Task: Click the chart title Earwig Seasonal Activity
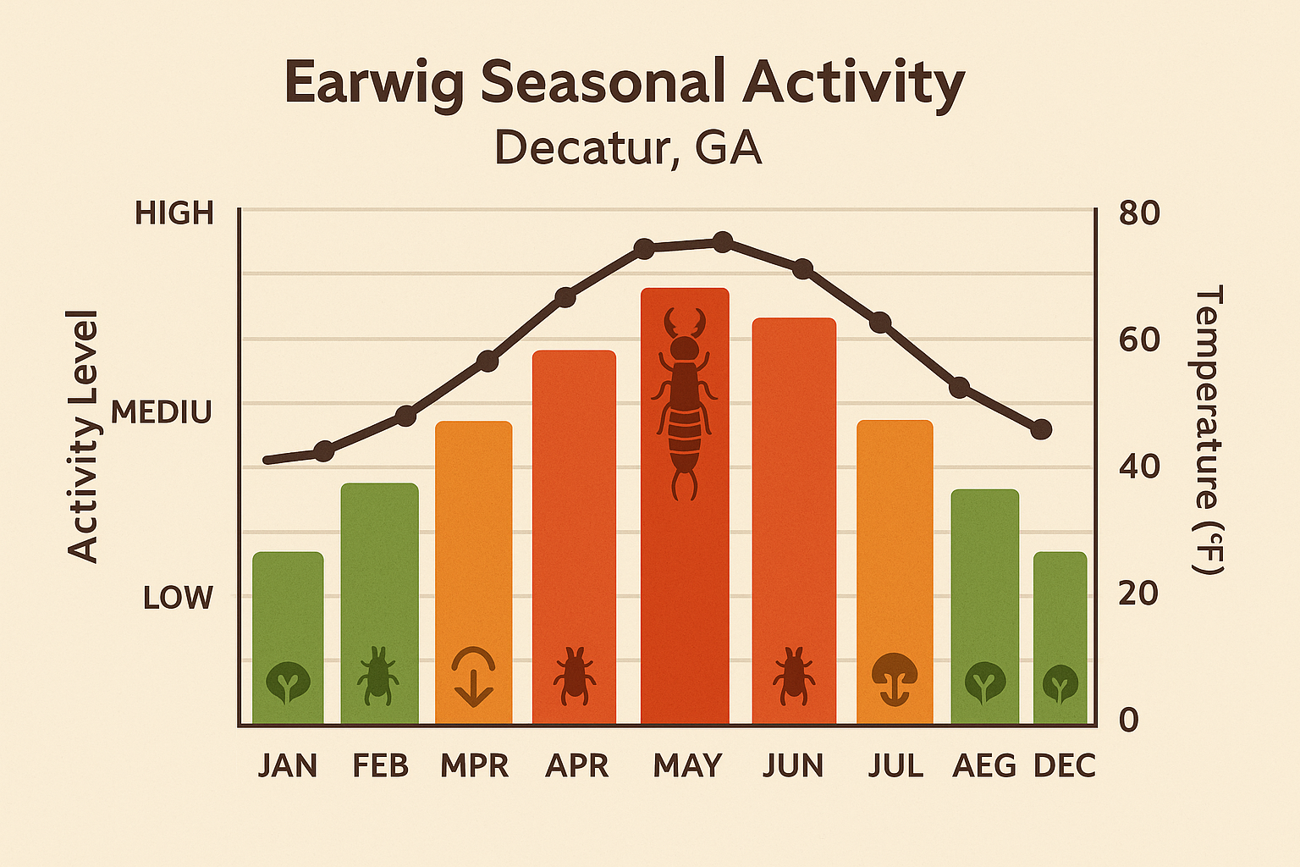click(625, 83)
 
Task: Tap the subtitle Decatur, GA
click(628, 149)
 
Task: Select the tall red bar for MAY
click(685, 593)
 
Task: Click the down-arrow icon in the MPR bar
click(473, 678)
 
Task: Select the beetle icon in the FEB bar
click(378, 676)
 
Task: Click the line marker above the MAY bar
click(722, 243)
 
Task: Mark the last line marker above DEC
click(1042, 429)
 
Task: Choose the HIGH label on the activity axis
click(174, 213)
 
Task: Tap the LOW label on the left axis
click(178, 598)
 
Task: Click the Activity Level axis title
click(83, 436)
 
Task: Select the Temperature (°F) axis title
click(1209, 430)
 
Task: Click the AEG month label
click(984, 765)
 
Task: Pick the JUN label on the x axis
click(793, 765)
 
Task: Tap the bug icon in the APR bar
click(575, 676)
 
